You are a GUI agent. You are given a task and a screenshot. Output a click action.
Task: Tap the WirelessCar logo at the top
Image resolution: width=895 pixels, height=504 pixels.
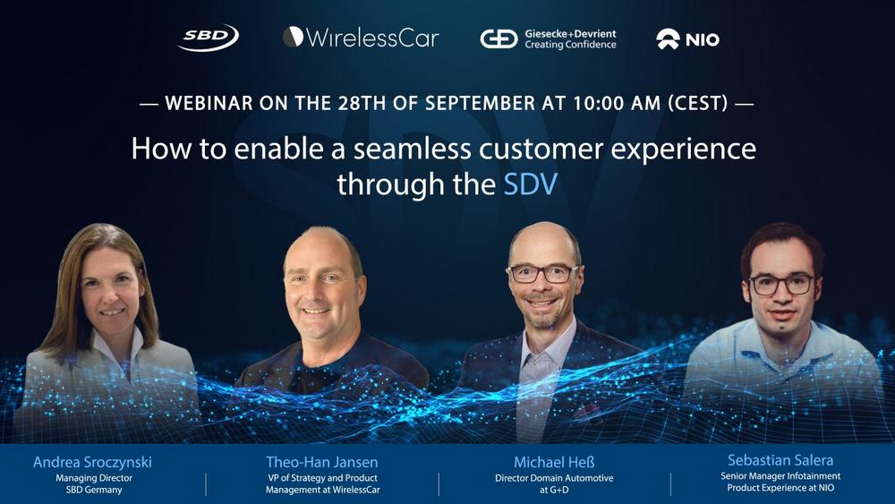click(x=361, y=38)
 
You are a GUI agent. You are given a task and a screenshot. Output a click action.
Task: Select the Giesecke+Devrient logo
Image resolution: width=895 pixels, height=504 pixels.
click(x=548, y=38)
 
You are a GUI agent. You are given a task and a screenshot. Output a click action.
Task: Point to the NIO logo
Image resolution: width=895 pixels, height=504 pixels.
click(x=687, y=38)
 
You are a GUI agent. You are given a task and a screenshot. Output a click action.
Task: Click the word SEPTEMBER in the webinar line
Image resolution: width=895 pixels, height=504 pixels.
click(x=480, y=103)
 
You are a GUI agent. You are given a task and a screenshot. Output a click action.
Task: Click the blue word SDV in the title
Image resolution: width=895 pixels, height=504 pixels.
click(x=530, y=184)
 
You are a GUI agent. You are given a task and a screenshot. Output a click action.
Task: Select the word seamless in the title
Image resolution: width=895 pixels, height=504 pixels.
click(x=412, y=149)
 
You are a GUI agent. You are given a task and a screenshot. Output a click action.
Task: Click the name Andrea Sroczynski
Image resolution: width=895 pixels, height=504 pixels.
click(x=92, y=462)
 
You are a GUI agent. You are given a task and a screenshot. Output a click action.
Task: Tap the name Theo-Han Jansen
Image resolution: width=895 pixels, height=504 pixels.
click(x=322, y=462)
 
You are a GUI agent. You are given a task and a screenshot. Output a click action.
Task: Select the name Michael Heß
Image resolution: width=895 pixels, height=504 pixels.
click(x=554, y=462)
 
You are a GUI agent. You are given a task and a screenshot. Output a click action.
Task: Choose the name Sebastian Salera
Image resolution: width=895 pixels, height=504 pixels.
click(x=780, y=460)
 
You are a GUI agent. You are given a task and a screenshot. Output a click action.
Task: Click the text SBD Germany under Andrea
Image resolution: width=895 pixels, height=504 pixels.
click(x=94, y=490)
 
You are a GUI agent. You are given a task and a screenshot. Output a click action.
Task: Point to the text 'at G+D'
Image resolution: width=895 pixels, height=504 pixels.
click(x=554, y=490)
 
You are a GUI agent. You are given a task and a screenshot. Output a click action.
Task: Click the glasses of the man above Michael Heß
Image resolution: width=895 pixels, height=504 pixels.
click(x=543, y=273)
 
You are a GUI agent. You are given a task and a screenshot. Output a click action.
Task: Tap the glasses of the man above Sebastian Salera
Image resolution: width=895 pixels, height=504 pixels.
click(x=782, y=285)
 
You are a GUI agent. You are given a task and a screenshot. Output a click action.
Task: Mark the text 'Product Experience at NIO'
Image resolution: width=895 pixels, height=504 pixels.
click(x=780, y=488)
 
